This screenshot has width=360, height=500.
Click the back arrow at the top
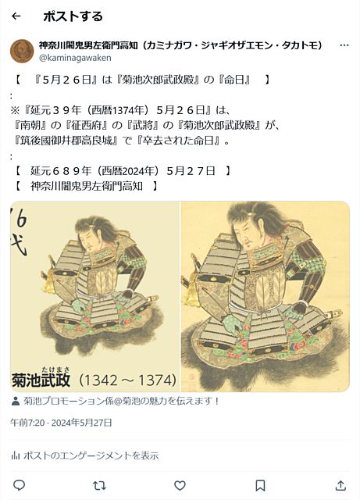[x=16, y=16]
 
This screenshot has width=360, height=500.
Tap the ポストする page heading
[x=73, y=16]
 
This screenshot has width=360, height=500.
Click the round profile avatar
[x=22, y=51]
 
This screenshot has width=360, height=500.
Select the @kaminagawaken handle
[x=75, y=58]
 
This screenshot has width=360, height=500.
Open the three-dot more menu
[x=344, y=45]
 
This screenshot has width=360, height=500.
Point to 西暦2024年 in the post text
[x=128, y=171]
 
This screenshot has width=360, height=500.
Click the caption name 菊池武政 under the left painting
[x=41, y=380]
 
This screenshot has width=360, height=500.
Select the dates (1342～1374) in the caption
[x=127, y=380]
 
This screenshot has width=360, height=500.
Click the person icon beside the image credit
[x=16, y=401]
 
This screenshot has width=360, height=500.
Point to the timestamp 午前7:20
[x=27, y=423]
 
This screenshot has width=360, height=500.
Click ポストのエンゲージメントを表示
[x=91, y=455]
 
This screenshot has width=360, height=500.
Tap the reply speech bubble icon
[x=19, y=485]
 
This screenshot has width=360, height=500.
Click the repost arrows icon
[x=99, y=486]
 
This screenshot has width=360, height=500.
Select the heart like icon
[x=180, y=486]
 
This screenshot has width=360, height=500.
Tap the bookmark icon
[x=260, y=486]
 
